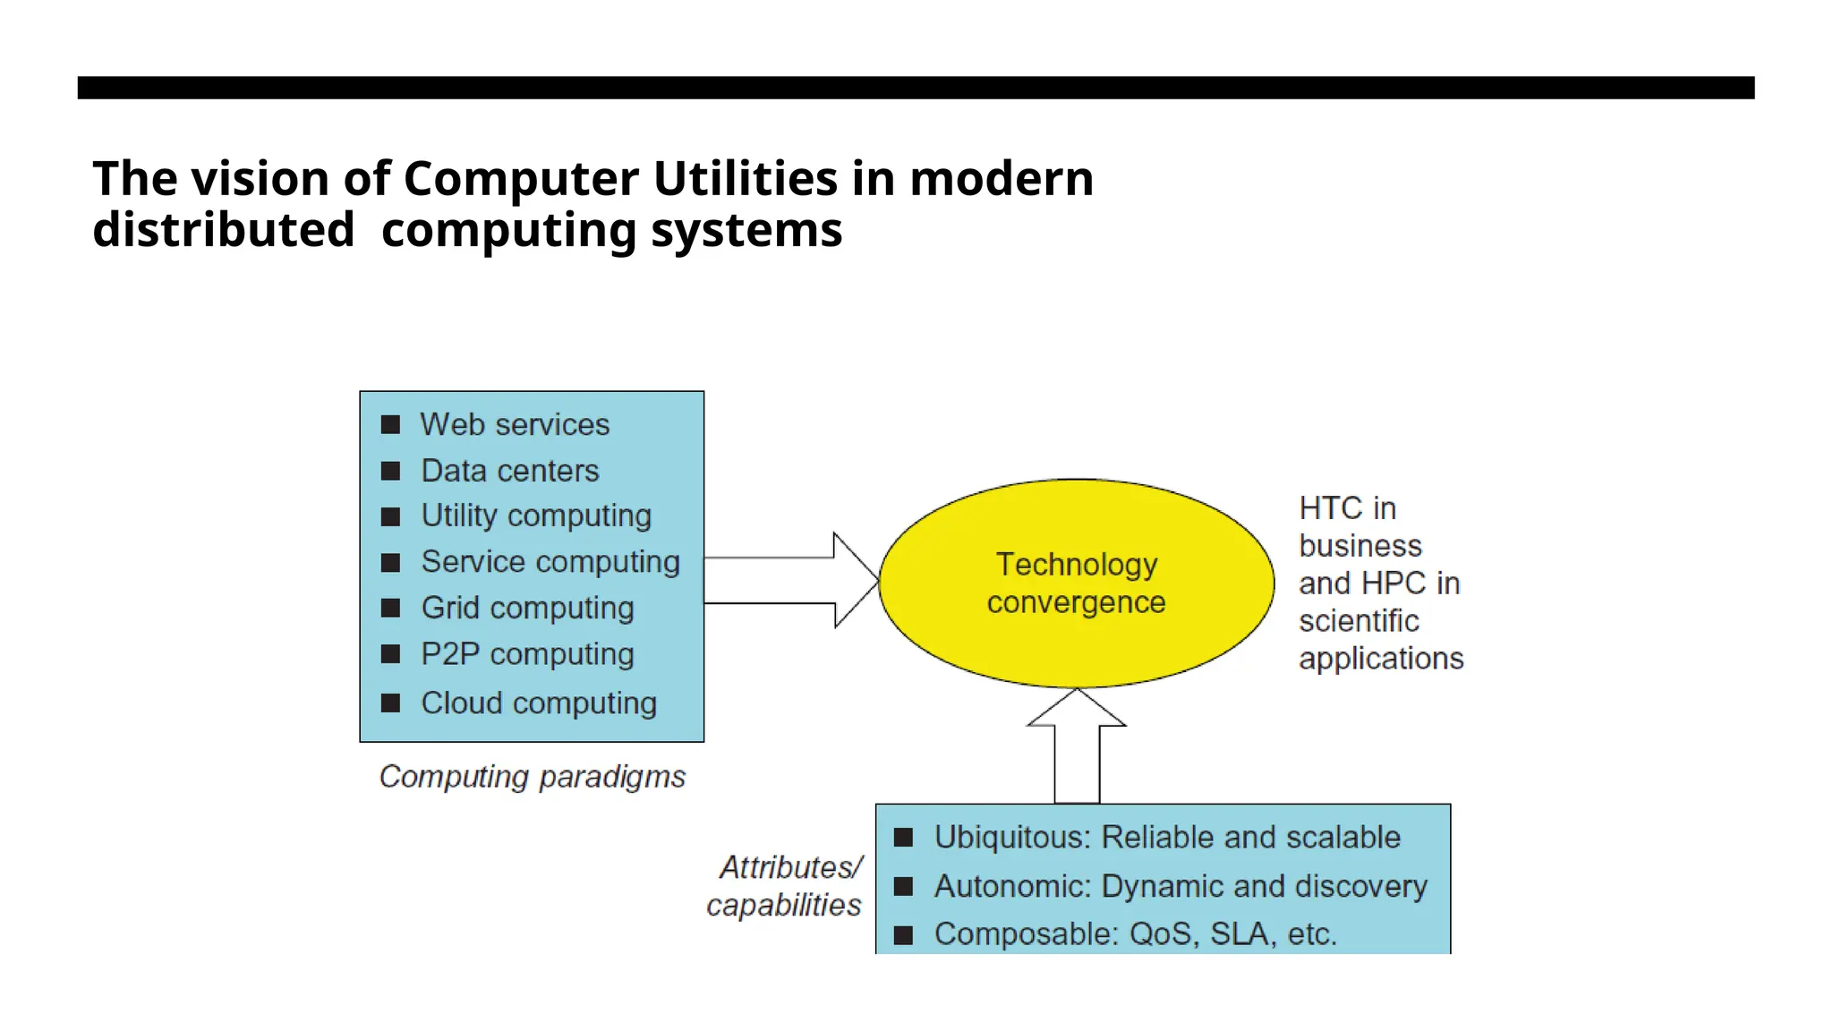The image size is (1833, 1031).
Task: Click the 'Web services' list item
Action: (x=515, y=424)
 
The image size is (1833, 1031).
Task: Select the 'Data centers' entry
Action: (x=509, y=471)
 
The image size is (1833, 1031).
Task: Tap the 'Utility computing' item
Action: (x=536, y=515)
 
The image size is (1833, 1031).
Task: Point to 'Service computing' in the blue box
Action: (x=550, y=562)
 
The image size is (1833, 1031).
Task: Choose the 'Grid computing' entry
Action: (x=527, y=608)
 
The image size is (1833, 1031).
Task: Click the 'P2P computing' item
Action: (x=527, y=654)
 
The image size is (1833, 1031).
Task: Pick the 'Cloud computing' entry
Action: (x=539, y=703)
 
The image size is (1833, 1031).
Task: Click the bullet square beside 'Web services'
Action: (x=390, y=424)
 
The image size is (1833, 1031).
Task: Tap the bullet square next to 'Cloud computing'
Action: (x=390, y=703)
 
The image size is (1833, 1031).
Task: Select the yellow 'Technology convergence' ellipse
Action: (x=1076, y=583)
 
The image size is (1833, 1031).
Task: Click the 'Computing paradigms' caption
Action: (x=533, y=777)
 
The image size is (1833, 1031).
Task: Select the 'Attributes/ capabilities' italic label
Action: (x=786, y=886)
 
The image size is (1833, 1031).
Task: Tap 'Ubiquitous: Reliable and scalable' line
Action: (x=1167, y=837)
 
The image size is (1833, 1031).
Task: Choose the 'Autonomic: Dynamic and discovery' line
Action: (x=1181, y=886)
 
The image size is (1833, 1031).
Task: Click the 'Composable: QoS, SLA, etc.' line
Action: (x=1135, y=933)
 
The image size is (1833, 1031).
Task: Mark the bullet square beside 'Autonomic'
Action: (x=904, y=886)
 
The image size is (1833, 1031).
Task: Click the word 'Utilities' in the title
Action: (x=745, y=178)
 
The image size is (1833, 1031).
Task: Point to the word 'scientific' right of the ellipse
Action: (x=1359, y=620)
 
